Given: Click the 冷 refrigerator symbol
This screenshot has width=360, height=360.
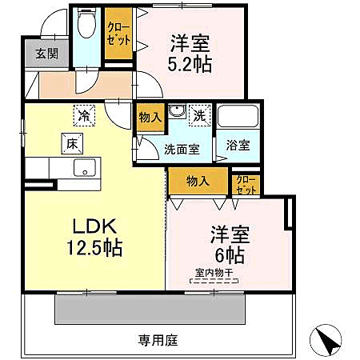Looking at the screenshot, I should click(x=83, y=116).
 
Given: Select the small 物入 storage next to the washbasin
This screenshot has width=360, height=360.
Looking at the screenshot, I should click(x=150, y=117).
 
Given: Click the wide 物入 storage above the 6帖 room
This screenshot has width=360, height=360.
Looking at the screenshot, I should click(x=197, y=180).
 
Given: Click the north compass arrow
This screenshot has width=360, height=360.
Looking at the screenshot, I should click(x=329, y=341).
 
